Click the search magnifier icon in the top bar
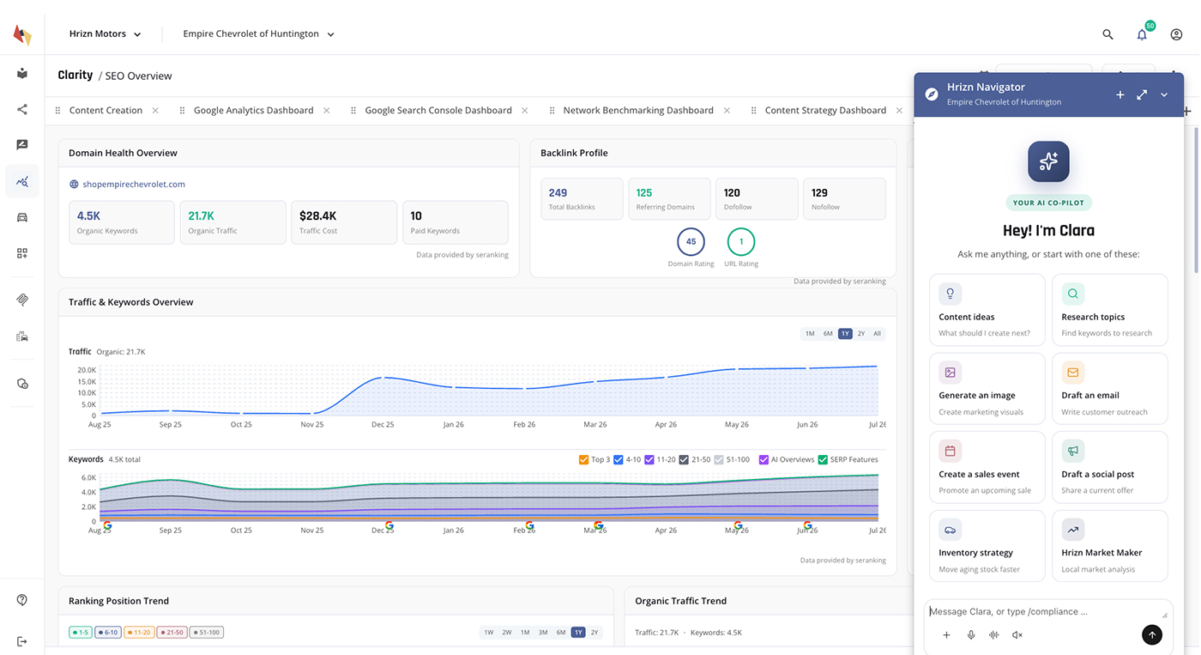tap(1107, 34)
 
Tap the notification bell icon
tap(1142, 35)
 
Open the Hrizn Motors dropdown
tap(105, 33)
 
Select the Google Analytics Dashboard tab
tap(253, 110)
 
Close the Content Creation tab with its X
tap(155, 111)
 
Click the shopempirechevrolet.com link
tap(134, 184)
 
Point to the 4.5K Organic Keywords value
tap(88, 215)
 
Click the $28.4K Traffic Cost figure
tap(318, 215)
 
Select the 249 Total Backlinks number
tap(558, 192)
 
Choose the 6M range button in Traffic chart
tap(828, 334)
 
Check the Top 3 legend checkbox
tap(584, 460)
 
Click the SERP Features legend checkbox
tap(823, 460)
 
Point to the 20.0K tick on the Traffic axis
tap(87, 370)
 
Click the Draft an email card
tap(1110, 388)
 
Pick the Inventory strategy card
tap(987, 546)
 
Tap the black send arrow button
tap(1151, 635)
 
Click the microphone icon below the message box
tap(971, 635)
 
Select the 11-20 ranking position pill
tap(139, 633)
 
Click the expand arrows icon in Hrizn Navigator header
tap(1142, 95)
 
